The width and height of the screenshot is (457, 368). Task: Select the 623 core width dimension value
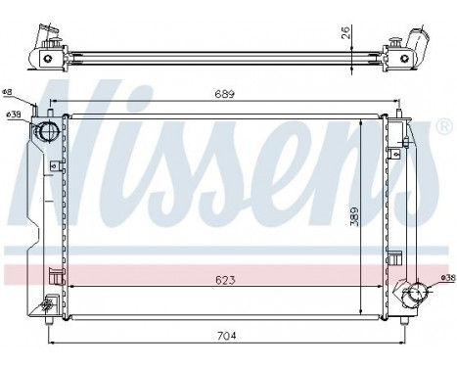(x=225, y=280)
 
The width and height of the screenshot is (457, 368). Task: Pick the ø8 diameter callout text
(x=9, y=94)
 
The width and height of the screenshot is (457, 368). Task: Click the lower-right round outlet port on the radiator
(x=416, y=293)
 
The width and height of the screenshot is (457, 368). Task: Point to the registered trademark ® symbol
(x=444, y=127)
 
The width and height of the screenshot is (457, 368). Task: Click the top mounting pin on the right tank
(x=399, y=118)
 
